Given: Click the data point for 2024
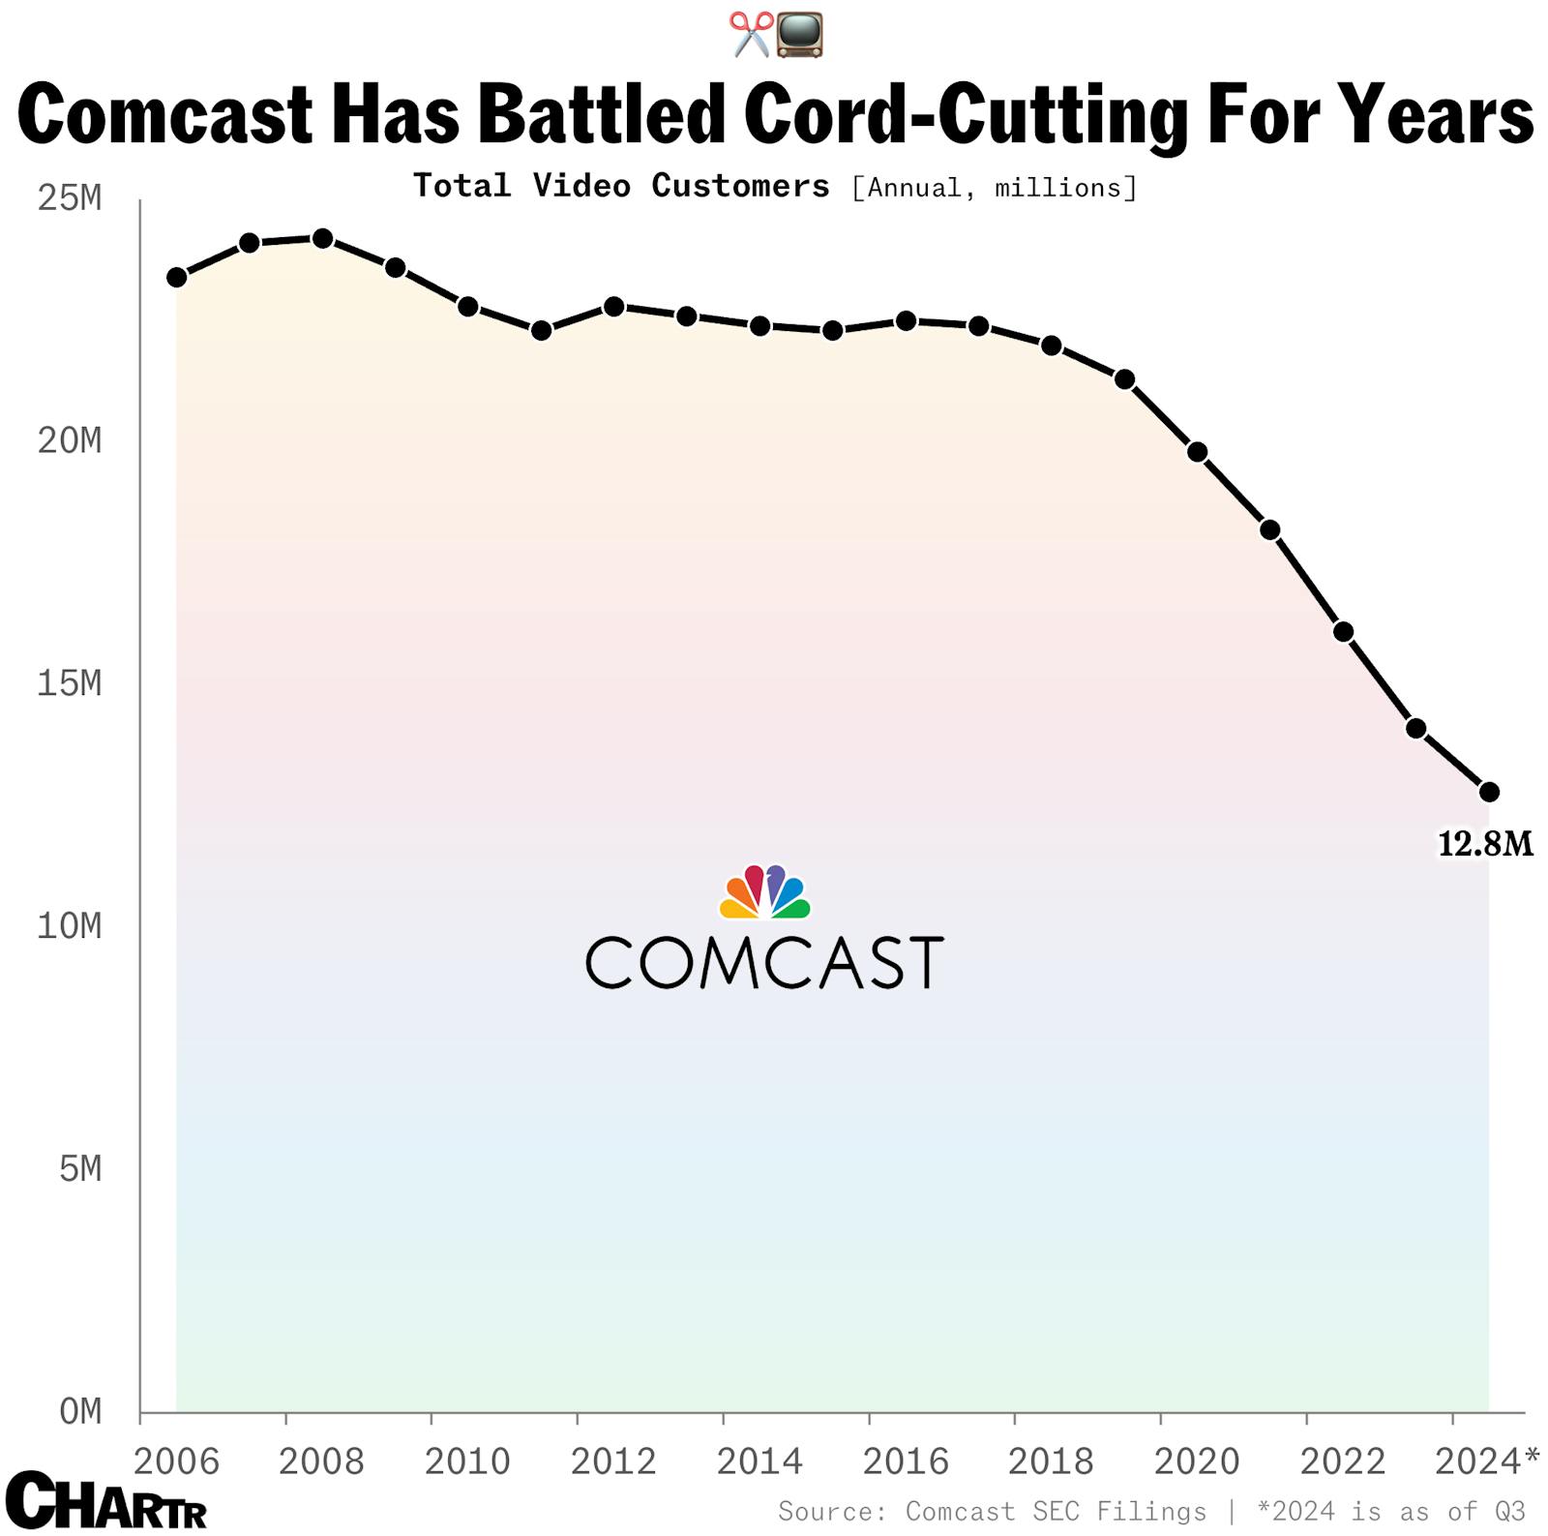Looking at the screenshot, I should click(x=1489, y=792).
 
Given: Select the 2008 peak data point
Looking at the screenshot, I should click(x=323, y=239).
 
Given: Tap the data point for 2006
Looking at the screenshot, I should click(x=177, y=278).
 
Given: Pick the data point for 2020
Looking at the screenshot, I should click(x=1198, y=452).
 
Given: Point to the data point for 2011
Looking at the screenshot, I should click(x=542, y=331).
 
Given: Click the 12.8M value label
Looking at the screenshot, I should click(x=1485, y=845).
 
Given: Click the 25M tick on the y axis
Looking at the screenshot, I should click(x=69, y=198).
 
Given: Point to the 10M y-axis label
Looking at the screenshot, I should click(x=69, y=926).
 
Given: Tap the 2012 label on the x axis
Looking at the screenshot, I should click(x=613, y=1461).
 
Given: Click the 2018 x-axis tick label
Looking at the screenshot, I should click(x=1051, y=1461).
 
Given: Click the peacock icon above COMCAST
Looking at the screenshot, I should click(x=764, y=892).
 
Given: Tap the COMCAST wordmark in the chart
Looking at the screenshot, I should click(x=764, y=962).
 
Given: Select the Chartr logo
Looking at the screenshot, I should click(x=105, y=1500).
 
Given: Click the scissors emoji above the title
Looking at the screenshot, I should click(x=751, y=35).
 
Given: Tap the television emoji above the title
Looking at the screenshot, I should click(x=800, y=35).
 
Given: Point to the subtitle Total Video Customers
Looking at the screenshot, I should click(x=621, y=186).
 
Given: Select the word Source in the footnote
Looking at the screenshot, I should click(x=832, y=1512).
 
